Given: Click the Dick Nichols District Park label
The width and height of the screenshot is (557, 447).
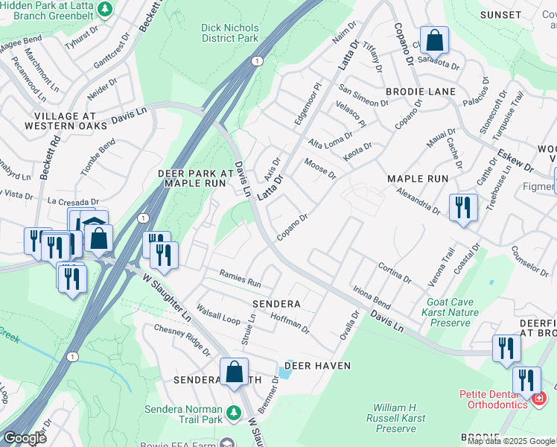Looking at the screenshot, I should tap(229, 32).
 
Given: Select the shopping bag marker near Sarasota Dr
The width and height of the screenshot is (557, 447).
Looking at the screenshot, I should tap(433, 39).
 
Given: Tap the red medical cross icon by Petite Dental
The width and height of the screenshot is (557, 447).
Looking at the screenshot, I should tap(538, 401).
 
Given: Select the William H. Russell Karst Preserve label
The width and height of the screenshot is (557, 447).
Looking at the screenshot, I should tap(401, 418).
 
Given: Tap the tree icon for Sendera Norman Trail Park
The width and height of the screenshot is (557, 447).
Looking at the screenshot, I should tap(234, 411).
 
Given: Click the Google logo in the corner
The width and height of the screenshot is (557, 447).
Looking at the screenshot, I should tap(25, 438).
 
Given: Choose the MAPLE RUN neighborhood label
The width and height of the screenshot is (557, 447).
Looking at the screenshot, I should tap(418, 179).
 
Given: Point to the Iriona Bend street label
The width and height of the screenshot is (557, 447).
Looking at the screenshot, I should tap(371, 297).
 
